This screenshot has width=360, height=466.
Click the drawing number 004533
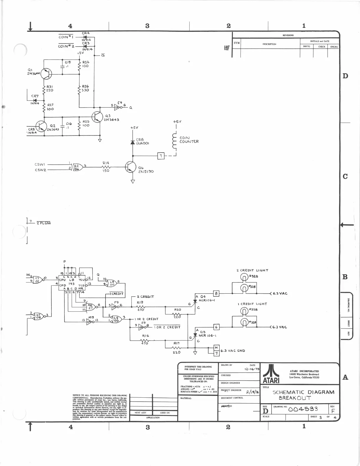tap(303, 409)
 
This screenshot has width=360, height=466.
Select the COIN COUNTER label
tap(189, 140)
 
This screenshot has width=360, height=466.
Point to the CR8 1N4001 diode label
tap(143, 141)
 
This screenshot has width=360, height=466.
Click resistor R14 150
tap(106, 167)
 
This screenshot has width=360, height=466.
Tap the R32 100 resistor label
tap(86, 64)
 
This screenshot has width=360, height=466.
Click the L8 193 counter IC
tap(72, 283)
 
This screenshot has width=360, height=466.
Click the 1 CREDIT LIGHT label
tap(252, 304)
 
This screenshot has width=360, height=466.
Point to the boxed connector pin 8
tap(217, 293)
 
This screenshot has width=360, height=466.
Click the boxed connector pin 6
tap(217, 327)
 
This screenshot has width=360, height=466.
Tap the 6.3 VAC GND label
tap(233, 351)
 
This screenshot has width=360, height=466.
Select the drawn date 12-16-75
tap(252, 369)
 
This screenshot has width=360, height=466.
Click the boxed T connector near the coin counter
tap(161, 156)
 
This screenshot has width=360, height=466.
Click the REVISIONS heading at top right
tap(288, 35)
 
